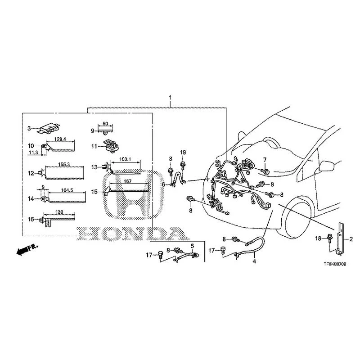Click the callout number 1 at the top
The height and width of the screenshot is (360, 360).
coord(170,98)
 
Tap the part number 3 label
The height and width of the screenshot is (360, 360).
coord(29,128)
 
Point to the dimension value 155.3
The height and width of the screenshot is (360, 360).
coord(64,164)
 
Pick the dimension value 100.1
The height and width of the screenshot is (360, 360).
coord(125,159)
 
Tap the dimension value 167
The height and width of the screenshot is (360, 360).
coord(127,181)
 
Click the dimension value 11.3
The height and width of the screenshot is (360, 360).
coord(33,153)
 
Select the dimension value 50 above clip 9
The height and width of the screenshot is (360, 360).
coord(105,124)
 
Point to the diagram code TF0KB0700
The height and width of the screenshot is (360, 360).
coord(335,264)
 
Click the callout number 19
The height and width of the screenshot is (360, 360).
coord(183,152)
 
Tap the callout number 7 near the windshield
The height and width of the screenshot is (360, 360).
coord(265,160)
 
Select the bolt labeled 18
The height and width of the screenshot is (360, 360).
coord(330,238)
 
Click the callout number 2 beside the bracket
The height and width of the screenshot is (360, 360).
coord(351,239)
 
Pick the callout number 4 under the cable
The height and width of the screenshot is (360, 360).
coord(254,261)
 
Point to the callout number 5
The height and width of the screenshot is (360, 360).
coord(193,246)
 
